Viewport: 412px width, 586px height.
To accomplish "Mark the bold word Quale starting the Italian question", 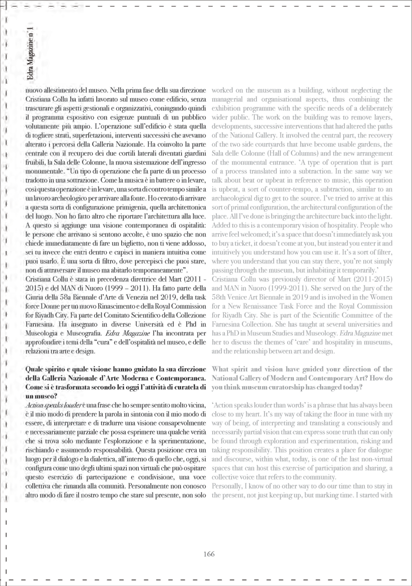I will (x=35, y=369).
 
